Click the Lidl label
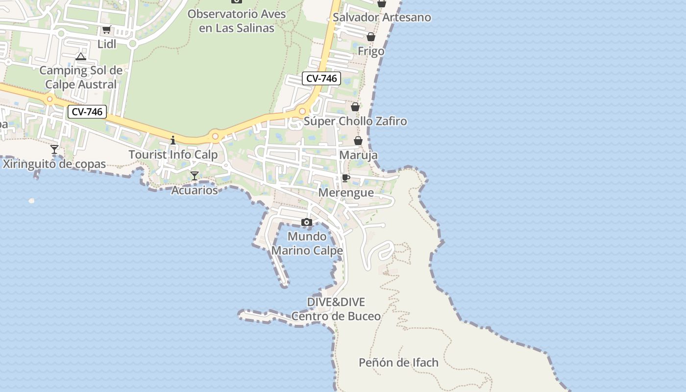tap(107, 44)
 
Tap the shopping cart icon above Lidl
tap(106, 29)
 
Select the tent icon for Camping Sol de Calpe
tap(81, 57)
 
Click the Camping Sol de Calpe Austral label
tap(81, 77)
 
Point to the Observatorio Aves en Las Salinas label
tap(237, 21)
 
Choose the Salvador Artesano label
tap(382, 18)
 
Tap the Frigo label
tap(371, 51)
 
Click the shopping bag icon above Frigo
tap(371, 37)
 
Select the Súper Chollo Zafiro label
tap(355, 121)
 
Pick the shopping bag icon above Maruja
tap(358, 141)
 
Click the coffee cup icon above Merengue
tap(346, 178)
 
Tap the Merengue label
tap(346, 193)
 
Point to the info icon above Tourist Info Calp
tap(172, 141)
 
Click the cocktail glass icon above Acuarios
tap(195, 175)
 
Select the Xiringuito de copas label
tap(54, 164)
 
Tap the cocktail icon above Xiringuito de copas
tap(54, 149)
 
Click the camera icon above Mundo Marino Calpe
tap(307, 222)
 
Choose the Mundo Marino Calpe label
tap(307, 244)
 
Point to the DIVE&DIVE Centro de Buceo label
tap(336, 309)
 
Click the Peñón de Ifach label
tap(398, 363)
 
